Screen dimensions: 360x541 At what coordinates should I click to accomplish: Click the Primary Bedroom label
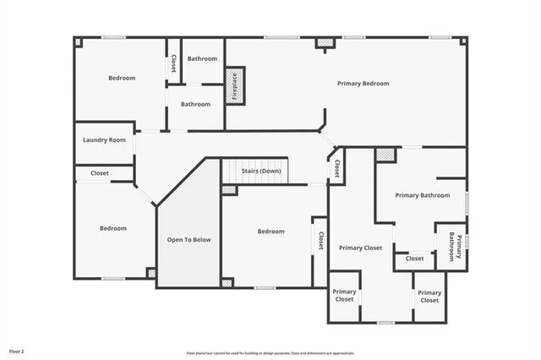coord(363,84)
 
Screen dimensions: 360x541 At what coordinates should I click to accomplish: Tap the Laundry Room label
coord(105,139)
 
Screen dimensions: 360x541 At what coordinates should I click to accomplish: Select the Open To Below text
coord(189,240)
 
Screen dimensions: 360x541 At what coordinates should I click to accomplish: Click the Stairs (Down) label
coord(261,172)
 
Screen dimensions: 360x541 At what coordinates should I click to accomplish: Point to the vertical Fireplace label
coord(236,87)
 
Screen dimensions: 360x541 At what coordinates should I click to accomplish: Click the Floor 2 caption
coord(17,350)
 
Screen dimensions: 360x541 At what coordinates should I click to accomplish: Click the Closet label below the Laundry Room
coord(100,172)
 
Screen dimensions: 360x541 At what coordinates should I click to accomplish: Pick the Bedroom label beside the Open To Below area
coord(271,232)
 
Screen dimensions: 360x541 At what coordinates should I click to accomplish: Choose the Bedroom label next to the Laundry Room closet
coord(113,228)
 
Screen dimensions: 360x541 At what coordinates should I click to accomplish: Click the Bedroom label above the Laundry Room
coord(122,78)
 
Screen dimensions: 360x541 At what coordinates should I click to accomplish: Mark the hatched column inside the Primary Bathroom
coord(385,155)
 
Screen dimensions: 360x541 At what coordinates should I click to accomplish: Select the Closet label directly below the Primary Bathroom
coord(414,259)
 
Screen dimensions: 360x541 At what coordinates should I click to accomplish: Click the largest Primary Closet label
coord(361,248)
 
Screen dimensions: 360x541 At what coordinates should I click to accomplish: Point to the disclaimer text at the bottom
coord(270,353)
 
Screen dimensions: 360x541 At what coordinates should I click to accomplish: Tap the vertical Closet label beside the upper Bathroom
coord(173,63)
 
